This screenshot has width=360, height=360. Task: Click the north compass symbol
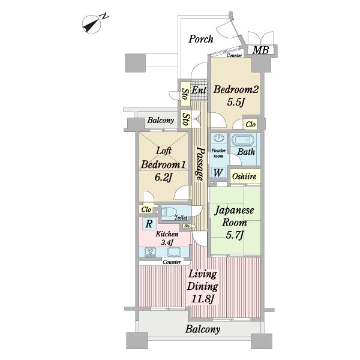click(92, 25)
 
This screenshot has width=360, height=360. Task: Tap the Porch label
click(201, 39)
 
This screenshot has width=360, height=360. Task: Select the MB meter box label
click(260, 50)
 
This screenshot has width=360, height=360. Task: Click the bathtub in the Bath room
click(243, 140)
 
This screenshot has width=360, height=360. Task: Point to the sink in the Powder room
click(218, 138)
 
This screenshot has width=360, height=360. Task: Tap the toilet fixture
click(169, 211)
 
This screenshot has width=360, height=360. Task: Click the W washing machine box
click(218, 173)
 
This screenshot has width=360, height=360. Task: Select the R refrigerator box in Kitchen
click(149, 224)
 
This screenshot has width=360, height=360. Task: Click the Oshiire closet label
click(244, 176)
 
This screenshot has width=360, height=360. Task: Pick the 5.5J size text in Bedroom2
click(235, 103)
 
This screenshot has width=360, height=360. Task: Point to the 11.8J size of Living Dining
click(203, 299)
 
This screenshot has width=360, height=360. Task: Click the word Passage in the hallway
click(200, 164)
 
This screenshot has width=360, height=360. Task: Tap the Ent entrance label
click(199, 90)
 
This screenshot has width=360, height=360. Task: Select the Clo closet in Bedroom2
click(250, 124)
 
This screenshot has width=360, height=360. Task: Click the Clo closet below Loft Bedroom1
click(146, 209)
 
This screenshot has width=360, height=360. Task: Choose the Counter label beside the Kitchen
click(172, 262)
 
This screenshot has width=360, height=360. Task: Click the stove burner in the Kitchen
click(151, 252)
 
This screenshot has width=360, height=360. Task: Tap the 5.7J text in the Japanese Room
click(235, 235)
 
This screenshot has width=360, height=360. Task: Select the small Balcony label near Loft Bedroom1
click(161, 120)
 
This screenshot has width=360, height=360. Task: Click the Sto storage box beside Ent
click(185, 94)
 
